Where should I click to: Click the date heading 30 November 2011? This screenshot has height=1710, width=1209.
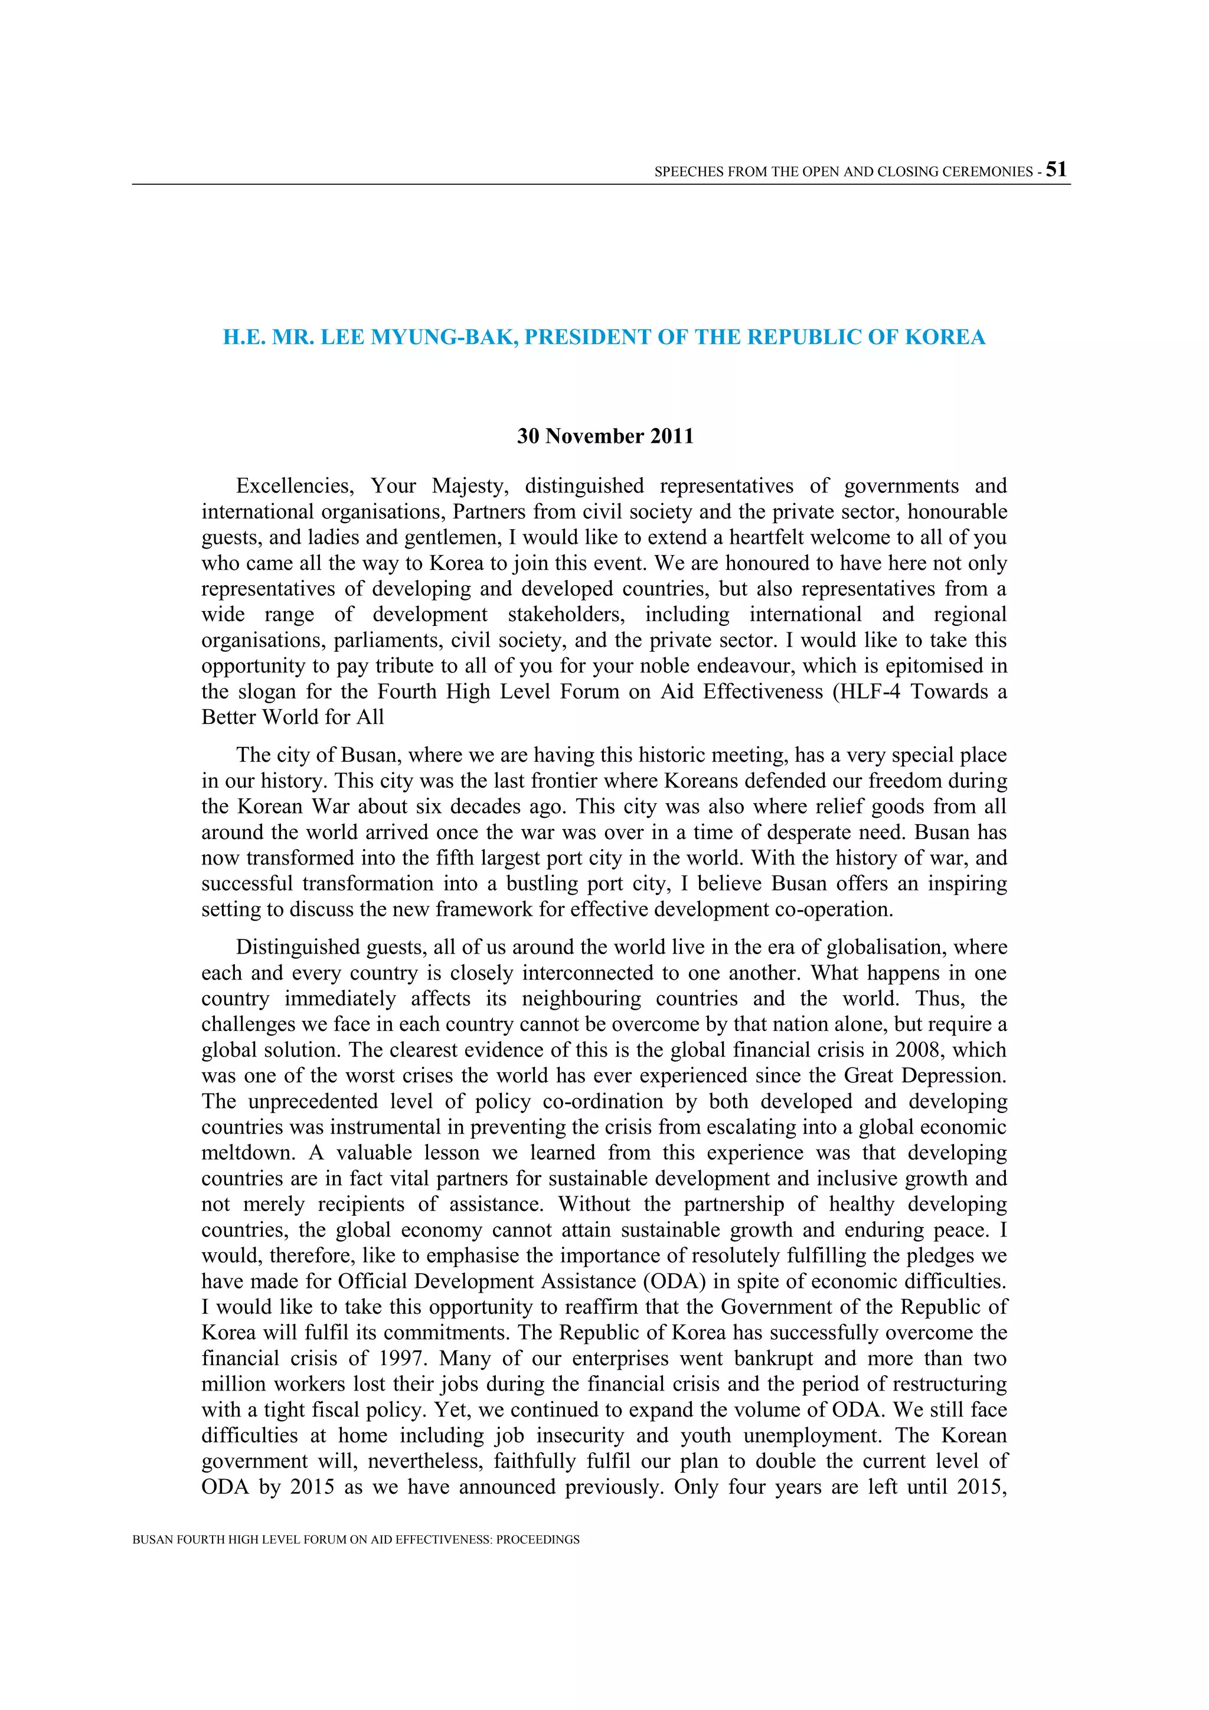pos(604,436)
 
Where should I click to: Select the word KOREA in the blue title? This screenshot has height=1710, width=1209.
pos(945,337)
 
